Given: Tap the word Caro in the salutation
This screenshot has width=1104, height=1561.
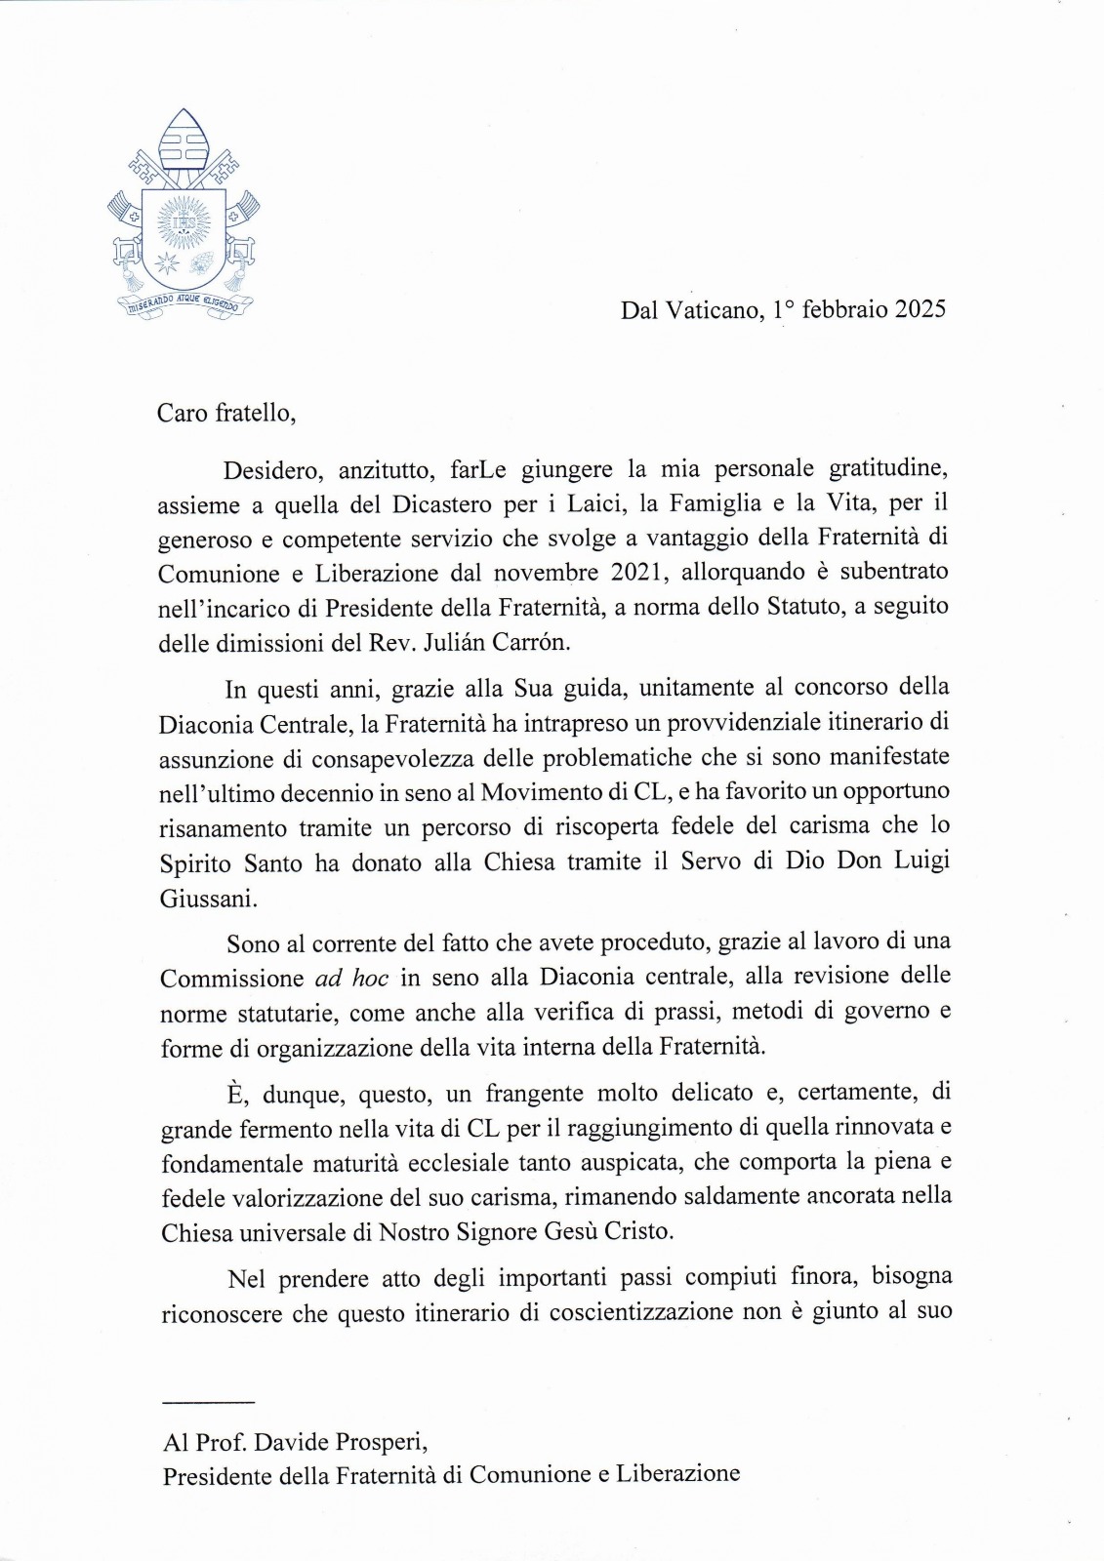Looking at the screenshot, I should click(x=183, y=413).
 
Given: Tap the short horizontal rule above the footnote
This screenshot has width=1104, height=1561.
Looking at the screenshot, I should click(x=208, y=1402).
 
